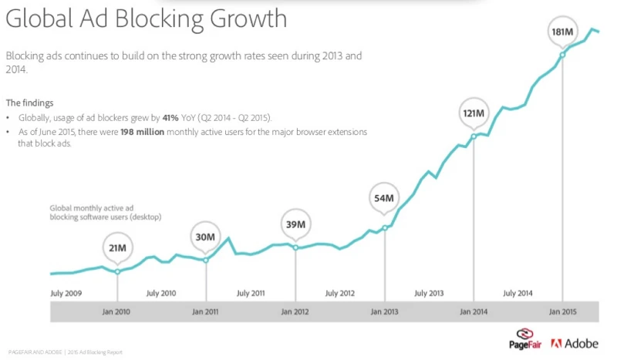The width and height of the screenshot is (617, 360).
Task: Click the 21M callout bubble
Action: click(x=117, y=247)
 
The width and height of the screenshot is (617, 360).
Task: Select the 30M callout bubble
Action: click(x=205, y=237)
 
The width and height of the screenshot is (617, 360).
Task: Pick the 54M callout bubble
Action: click(x=384, y=198)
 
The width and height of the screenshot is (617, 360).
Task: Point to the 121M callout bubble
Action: click(x=473, y=113)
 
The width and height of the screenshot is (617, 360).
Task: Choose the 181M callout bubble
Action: click(x=562, y=32)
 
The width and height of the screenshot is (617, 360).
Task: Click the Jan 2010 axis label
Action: click(x=117, y=311)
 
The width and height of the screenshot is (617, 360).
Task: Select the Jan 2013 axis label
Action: click(x=384, y=311)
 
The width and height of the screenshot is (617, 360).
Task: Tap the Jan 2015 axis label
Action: click(x=562, y=311)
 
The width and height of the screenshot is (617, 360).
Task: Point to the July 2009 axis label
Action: click(x=66, y=293)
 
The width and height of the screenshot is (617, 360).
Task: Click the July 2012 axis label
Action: click(x=339, y=293)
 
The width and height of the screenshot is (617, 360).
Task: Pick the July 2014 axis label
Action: click(x=518, y=293)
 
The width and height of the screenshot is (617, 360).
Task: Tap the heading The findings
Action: click(x=29, y=103)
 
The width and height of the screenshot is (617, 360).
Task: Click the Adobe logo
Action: click(x=575, y=343)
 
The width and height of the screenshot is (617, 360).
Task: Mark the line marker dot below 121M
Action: click(x=473, y=138)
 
